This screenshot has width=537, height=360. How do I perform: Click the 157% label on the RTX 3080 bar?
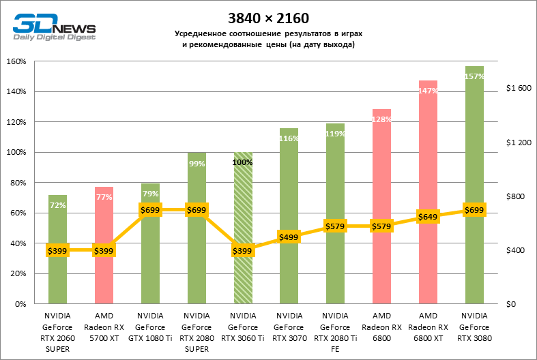pos(474,76)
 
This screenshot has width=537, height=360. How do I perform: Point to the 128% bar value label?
pos(381,119)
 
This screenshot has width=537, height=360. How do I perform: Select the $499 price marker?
pos(289,237)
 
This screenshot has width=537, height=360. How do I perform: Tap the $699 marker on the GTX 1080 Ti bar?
pos(150,210)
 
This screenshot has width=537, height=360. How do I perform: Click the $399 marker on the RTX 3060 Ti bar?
pos(243,251)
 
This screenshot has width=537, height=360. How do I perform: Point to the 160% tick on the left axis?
pos(16,61)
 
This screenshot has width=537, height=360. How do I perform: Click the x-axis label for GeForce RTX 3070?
pos(289,326)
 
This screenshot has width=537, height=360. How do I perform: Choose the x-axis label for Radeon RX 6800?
pos(381,326)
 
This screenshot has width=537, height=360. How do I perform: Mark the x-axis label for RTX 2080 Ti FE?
pos(335,331)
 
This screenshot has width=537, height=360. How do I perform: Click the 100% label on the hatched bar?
pos(243,162)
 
